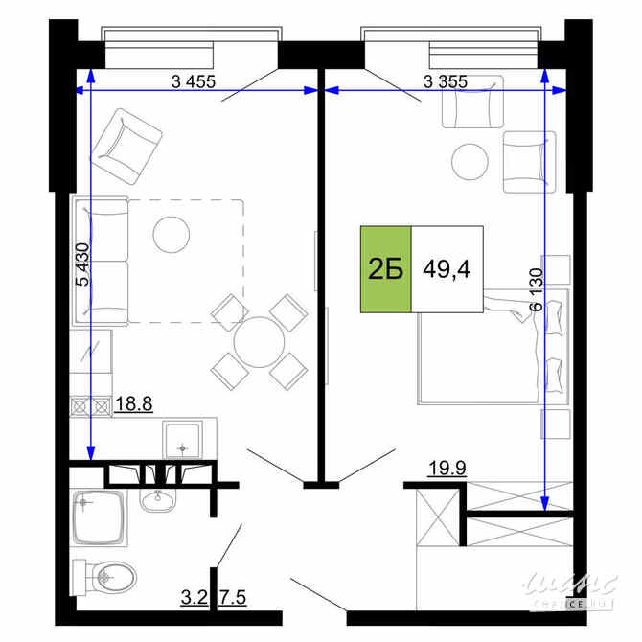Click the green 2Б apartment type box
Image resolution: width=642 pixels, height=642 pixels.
(x=385, y=269)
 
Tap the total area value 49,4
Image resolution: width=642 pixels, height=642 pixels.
(x=447, y=269)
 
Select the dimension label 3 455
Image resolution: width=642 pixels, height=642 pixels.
(x=194, y=81)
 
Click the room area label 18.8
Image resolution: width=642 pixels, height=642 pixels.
(x=132, y=404)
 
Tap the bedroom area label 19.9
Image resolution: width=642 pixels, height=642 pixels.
(x=447, y=469)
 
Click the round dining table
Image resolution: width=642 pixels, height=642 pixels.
(x=257, y=341)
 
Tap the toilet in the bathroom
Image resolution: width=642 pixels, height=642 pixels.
(x=107, y=576)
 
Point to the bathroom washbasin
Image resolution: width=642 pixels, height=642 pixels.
(x=159, y=500)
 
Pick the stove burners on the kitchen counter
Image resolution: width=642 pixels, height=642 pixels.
(x=90, y=405)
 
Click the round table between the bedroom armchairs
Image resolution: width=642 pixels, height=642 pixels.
(x=470, y=159)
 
